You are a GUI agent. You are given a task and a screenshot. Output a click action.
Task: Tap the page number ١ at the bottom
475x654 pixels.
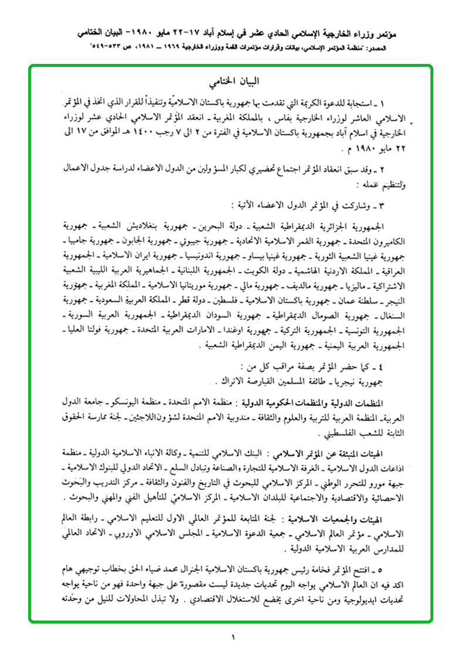[233, 636]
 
